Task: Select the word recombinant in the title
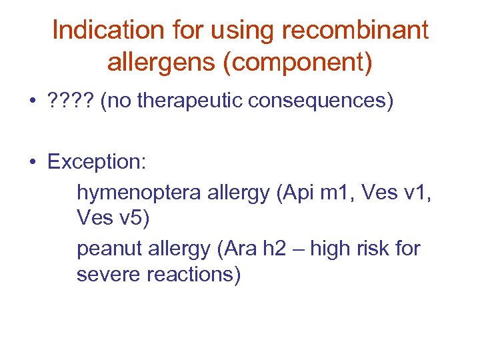tap(356, 31)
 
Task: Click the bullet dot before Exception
tap(32, 163)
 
